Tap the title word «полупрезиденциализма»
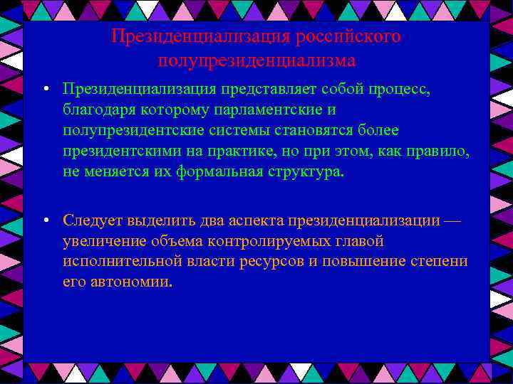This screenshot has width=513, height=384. [256, 60]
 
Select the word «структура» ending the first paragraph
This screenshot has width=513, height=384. [307, 172]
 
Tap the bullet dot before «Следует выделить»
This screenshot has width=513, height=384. [45, 220]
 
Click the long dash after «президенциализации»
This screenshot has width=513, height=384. [452, 220]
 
